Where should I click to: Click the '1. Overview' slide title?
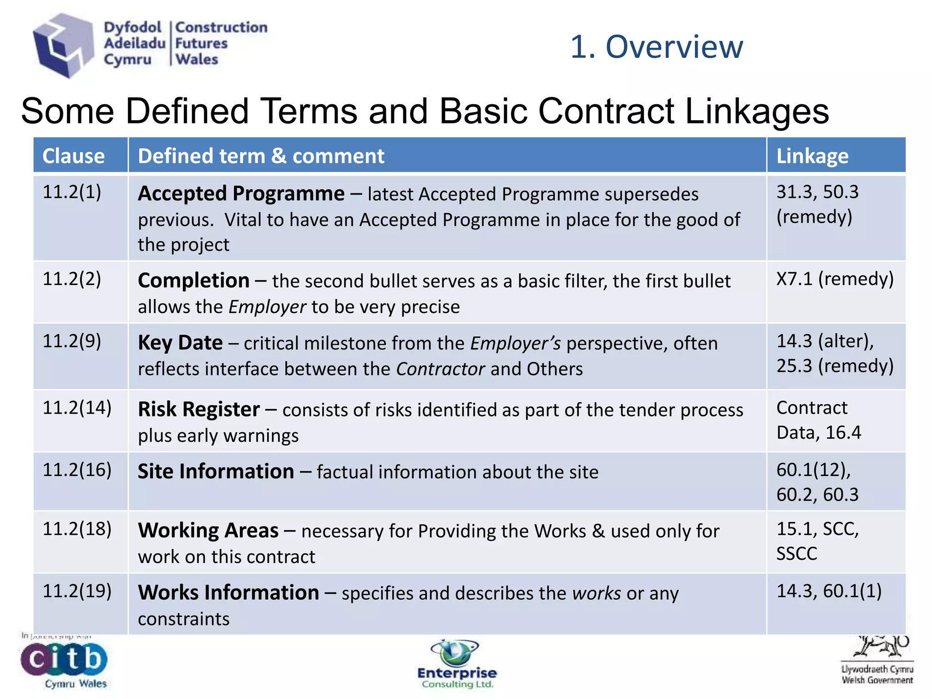656,47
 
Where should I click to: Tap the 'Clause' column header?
74,156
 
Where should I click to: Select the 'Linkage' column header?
812,156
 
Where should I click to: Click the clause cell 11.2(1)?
72,192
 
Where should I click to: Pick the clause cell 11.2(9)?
72,341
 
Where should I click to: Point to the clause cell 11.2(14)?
77,408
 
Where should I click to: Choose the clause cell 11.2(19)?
77,591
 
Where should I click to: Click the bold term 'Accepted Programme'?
241,194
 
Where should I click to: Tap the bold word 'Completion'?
194,281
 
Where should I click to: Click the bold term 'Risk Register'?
199,410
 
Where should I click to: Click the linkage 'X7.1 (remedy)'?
835,279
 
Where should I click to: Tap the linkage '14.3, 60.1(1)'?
829,591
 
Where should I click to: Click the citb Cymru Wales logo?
64,663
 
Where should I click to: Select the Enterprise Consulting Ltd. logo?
457,664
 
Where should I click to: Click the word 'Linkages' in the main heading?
757,111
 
